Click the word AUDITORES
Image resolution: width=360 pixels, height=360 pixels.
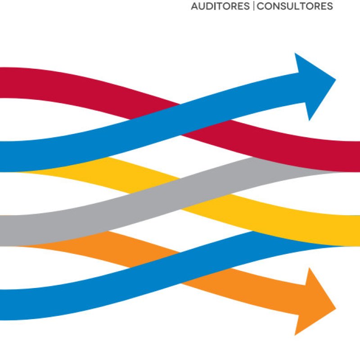click(220, 7)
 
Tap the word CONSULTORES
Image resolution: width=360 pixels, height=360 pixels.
click(295, 7)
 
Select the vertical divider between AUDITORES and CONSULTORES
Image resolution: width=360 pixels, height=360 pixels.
click(253, 7)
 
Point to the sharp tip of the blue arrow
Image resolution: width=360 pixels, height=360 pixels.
click(336, 81)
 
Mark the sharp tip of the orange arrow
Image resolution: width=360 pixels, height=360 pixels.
click(336, 308)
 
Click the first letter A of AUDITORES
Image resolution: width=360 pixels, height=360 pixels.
click(194, 7)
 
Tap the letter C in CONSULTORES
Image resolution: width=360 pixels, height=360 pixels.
click(261, 7)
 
